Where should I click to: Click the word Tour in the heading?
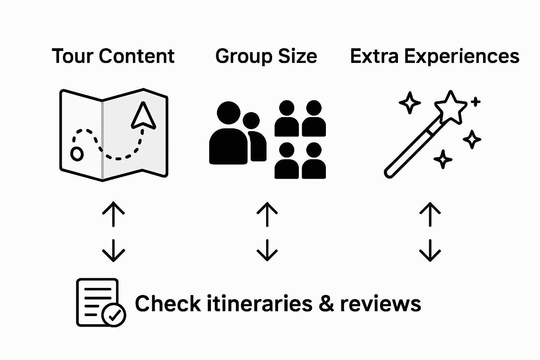tap(72, 56)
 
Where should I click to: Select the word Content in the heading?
tap(136, 56)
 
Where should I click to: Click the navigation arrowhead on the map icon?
tap(143, 116)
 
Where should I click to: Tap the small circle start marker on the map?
tap(77, 154)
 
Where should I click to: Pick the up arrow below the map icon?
tap(113, 214)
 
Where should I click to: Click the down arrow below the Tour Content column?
tap(113, 250)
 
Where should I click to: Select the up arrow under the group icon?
tap(267, 214)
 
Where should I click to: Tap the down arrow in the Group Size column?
tap(267, 250)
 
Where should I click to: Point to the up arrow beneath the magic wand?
tap(430, 214)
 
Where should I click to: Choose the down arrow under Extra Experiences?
tap(430, 250)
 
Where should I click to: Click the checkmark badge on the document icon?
tap(114, 315)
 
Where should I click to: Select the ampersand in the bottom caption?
tap(327, 304)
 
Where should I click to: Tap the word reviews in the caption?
tap(380, 304)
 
